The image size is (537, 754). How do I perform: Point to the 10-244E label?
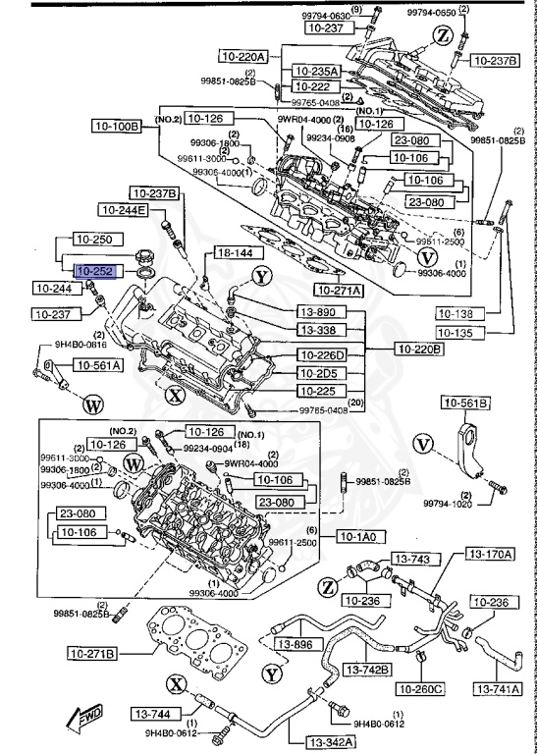coord(122,210)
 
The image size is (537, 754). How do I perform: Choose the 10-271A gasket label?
coord(339,290)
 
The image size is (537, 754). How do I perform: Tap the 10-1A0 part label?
coord(362,536)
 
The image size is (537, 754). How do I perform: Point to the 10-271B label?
coord(92,653)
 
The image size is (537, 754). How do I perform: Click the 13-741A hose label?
coord(498,690)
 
